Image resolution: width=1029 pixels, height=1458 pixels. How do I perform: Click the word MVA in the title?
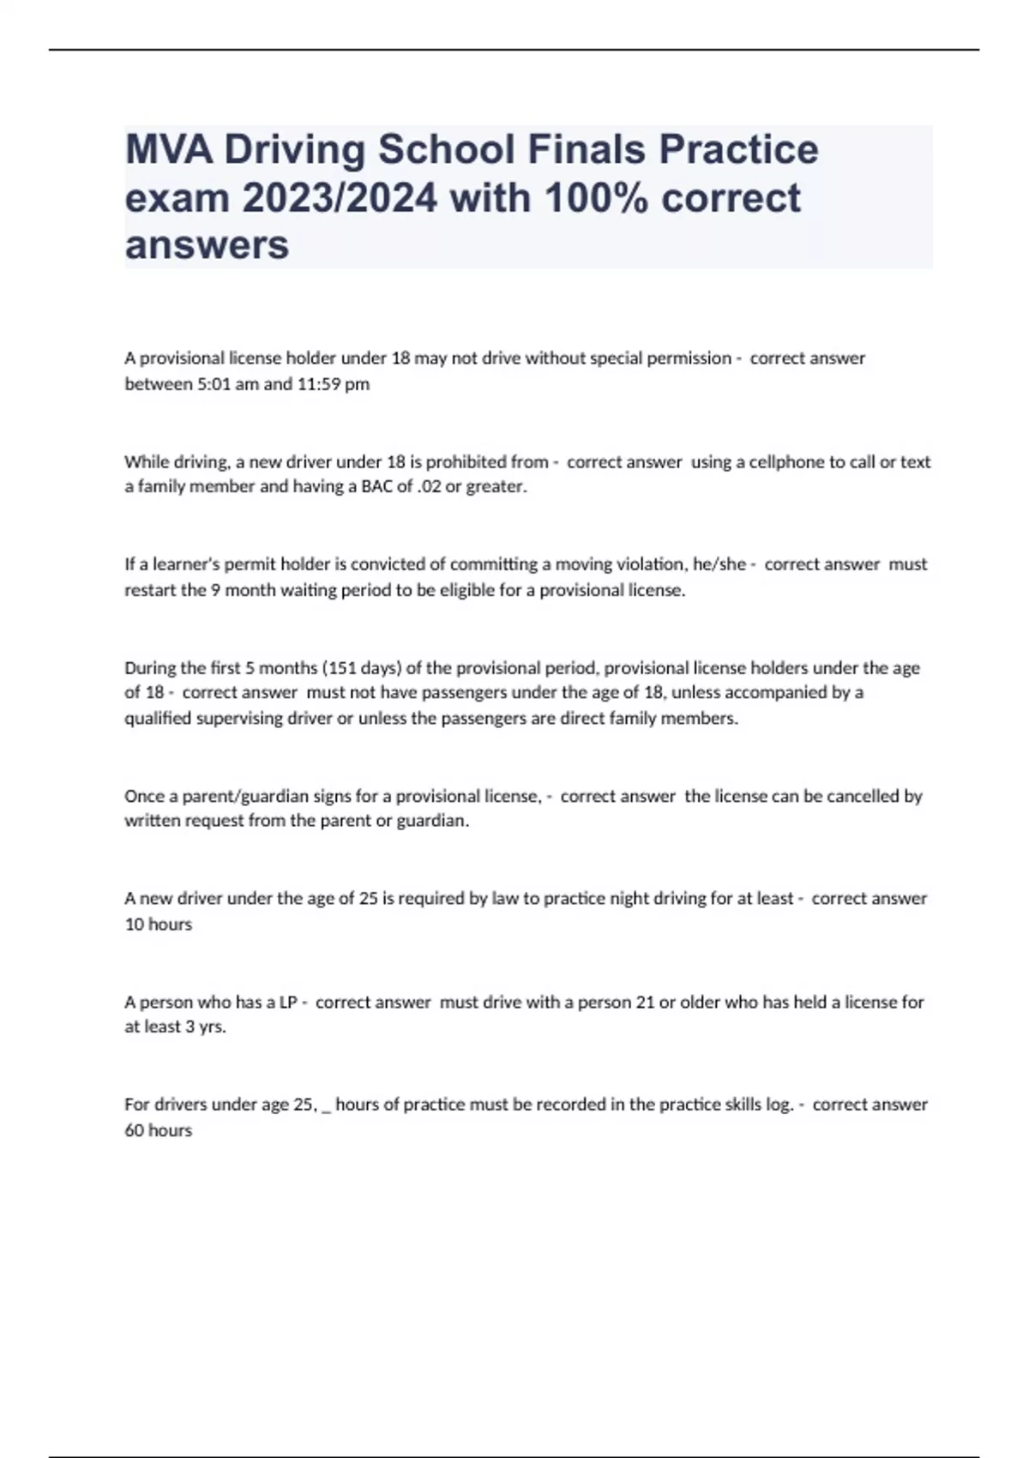169,150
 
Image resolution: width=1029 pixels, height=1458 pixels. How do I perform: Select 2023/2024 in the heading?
339,198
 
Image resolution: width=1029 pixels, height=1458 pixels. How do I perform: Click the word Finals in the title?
587,150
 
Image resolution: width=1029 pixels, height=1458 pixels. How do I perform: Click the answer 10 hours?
159,925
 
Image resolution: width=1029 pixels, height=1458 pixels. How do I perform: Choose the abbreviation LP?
288,1002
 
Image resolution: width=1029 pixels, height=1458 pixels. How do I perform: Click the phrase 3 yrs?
206,1027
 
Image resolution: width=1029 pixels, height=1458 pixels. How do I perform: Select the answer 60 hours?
159,1130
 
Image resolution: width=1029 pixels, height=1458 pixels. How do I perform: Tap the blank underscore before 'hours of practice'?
326,1108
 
